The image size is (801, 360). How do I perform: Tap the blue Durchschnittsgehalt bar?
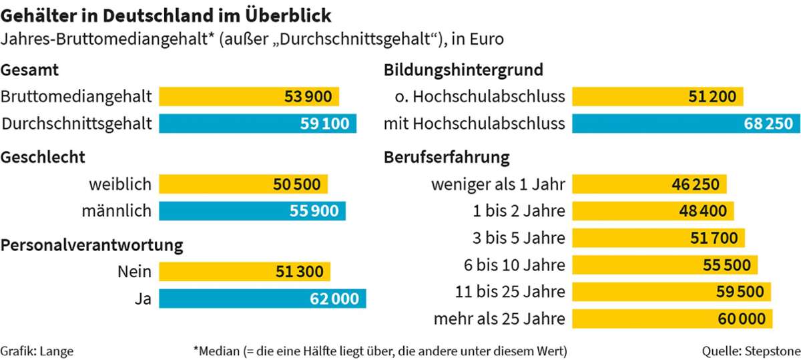pyautogui.click(x=257, y=124)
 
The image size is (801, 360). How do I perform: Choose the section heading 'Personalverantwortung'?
pyautogui.click(x=92, y=245)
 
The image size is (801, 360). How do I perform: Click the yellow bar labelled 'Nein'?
pyautogui.click(x=244, y=272)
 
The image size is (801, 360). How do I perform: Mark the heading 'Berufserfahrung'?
pyautogui.click(x=447, y=158)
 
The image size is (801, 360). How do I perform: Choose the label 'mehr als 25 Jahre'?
pyautogui.click(x=499, y=319)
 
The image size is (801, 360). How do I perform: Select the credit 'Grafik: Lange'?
pyautogui.click(x=37, y=350)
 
